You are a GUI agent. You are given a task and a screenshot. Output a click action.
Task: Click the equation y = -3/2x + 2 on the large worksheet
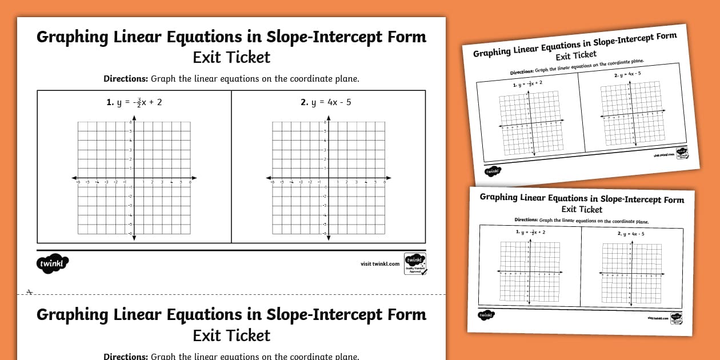coord(134,102)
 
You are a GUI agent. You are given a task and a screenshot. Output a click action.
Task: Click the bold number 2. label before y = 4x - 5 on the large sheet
coord(305,102)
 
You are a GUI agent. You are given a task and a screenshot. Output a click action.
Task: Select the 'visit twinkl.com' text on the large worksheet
coord(380,263)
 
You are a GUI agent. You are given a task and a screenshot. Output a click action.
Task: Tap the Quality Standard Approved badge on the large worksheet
coord(414,263)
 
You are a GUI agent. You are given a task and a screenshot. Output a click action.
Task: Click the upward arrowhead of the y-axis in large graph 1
coord(134,117)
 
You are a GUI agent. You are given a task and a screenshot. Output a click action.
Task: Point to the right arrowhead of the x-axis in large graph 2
coord(389,178)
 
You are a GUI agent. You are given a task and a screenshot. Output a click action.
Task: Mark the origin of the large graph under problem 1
coord(134,178)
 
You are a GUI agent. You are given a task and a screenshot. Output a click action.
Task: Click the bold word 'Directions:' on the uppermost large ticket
coord(126,79)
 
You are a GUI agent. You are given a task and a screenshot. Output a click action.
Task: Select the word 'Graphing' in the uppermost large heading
coord(73,37)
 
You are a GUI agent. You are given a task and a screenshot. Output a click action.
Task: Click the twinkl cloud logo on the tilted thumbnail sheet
coord(492,171)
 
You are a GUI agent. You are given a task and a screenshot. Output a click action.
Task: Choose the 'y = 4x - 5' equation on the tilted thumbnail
coord(627,74)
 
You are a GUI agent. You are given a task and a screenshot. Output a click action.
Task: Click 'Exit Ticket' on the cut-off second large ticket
coord(231,335)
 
